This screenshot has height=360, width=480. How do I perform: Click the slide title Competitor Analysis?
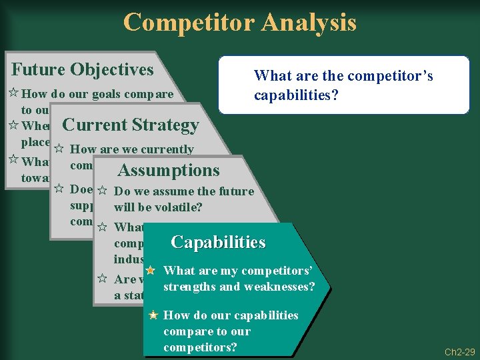coord(240,22)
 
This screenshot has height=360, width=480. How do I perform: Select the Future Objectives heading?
coord(83,69)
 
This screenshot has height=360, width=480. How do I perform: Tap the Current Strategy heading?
coord(130,125)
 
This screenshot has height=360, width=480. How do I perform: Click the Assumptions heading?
coord(168,171)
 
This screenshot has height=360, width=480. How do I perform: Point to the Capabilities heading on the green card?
coord(218,242)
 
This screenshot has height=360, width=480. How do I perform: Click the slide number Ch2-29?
coord(461,351)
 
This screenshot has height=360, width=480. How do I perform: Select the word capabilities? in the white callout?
coord(296,96)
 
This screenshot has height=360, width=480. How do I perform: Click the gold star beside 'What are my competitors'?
coord(151,271)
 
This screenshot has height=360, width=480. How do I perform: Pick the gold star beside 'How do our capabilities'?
coord(154,315)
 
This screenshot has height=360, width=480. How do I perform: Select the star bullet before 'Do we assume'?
coord(103,191)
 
